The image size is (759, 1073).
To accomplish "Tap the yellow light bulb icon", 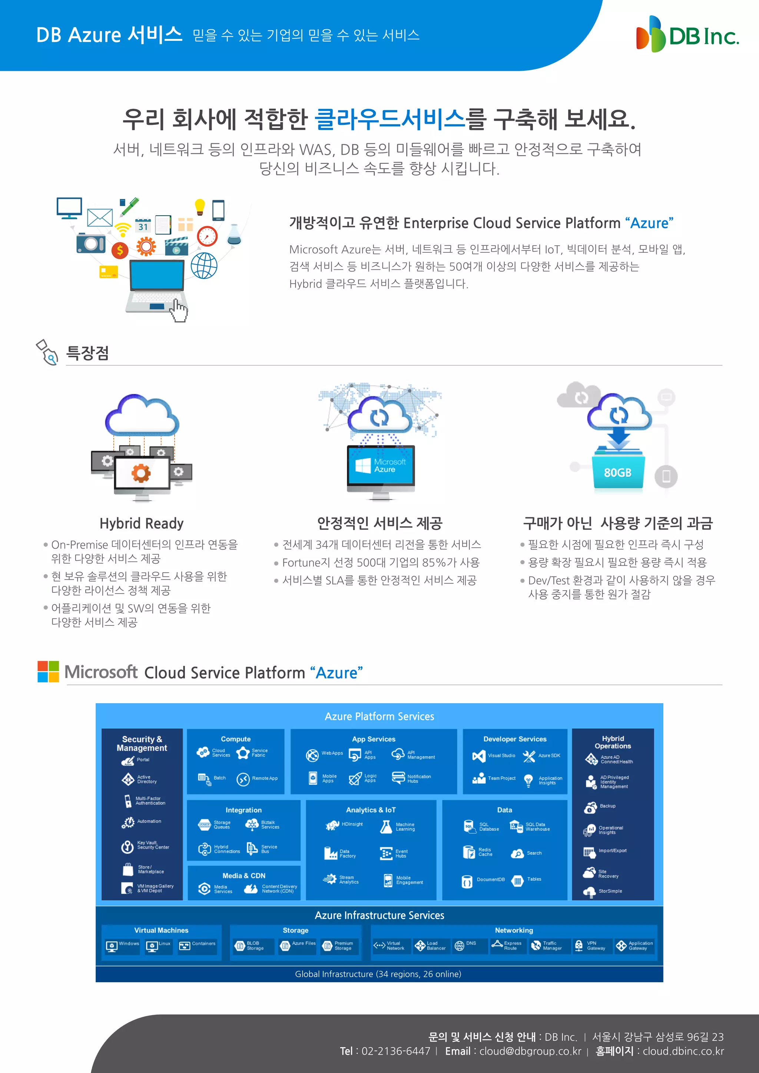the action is (x=199, y=206).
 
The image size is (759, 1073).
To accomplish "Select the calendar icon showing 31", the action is (x=143, y=226).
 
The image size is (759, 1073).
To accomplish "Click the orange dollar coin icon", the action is (x=120, y=250).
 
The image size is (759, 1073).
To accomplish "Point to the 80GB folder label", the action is (x=617, y=472).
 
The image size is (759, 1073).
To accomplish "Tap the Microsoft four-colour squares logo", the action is (x=48, y=672).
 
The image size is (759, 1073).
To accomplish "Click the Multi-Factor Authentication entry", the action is (x=145, y=801).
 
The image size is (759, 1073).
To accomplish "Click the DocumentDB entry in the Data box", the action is (x=484, y=880).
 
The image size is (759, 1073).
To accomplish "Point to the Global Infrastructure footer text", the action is (x=378, y=974).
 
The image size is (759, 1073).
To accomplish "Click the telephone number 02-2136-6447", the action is (x=395, y=1051).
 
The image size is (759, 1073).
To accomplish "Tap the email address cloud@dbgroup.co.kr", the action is (x=530, y=1051).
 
